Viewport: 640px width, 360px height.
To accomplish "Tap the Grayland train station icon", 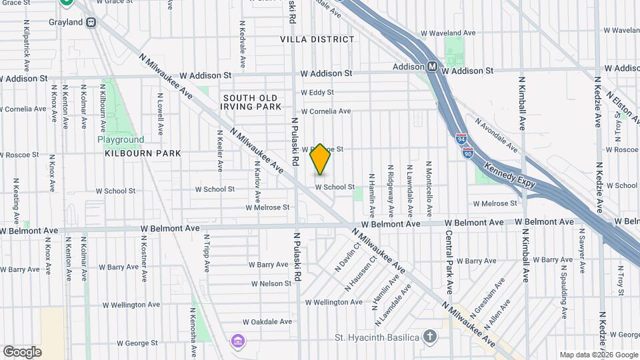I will point(91,22).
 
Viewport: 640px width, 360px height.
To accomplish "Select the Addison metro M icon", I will point(433,67).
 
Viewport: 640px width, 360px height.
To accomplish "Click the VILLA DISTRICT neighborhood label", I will point(317,39).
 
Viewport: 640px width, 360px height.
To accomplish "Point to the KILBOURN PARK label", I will point(143,153).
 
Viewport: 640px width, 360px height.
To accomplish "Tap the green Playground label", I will point(121,140).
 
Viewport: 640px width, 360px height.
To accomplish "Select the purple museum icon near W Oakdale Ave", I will point(237,341).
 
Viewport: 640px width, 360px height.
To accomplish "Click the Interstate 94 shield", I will point(462,139).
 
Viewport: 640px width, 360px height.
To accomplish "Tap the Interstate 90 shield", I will point(468,152).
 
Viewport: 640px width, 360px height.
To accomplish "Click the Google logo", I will point(22,351).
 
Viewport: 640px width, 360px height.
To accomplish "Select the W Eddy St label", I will point(317,93).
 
